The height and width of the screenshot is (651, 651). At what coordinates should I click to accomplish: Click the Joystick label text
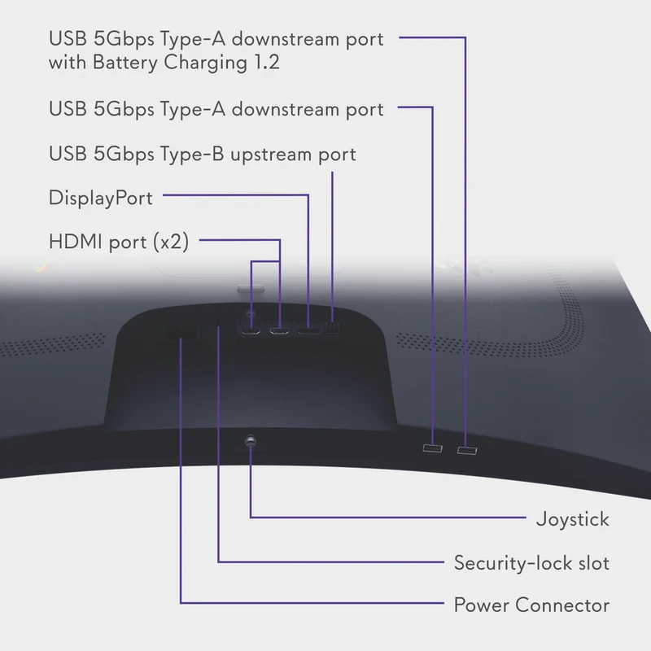[573, 519]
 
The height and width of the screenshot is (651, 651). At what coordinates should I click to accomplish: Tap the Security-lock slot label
[531, 563]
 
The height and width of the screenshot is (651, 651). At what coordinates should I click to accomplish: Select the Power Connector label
[531, 605]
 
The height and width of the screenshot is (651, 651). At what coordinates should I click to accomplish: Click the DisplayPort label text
[100, 198]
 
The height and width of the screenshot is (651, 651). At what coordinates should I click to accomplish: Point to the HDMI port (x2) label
[119, 242]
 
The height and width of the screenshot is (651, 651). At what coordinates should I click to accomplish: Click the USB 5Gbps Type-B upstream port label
[202, 154]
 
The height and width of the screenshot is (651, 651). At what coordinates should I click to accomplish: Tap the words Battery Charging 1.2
[186, 63]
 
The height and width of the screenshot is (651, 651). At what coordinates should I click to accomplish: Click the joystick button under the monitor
[251, 440]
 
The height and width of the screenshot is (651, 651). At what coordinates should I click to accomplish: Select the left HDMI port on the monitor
[251, 331]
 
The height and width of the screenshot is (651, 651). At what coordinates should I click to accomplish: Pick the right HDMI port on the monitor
[280, 331]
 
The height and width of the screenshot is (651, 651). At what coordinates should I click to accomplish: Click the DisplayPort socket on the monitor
[309, 331]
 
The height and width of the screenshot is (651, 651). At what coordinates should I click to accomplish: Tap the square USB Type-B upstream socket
[332, 328]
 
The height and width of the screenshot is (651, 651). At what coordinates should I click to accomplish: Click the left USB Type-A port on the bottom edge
[432, 448]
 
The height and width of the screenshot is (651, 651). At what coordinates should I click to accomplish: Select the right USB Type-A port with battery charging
[467, 451]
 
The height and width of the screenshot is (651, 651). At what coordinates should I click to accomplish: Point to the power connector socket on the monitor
[180, 334]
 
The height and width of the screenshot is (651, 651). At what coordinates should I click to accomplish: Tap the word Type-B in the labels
[192, 154]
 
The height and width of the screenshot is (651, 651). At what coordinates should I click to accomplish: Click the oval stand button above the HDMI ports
[251, 289]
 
